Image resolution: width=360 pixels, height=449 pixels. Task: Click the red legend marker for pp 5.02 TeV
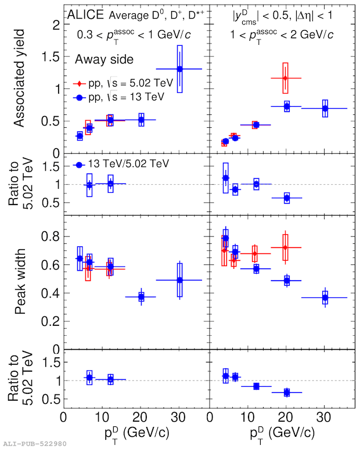click(81, 84)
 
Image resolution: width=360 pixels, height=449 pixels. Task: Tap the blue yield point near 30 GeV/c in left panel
click(180, 69)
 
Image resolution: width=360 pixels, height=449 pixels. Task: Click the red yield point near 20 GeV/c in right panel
click(285, 78)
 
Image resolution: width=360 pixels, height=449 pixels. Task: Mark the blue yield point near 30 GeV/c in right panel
click(325, 108)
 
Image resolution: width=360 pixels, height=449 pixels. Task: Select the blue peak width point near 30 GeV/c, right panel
click(325, 297)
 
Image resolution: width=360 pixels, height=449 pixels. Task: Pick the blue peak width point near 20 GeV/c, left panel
click(141, 297)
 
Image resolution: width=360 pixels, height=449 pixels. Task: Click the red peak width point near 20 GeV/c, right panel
click(285, 247)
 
